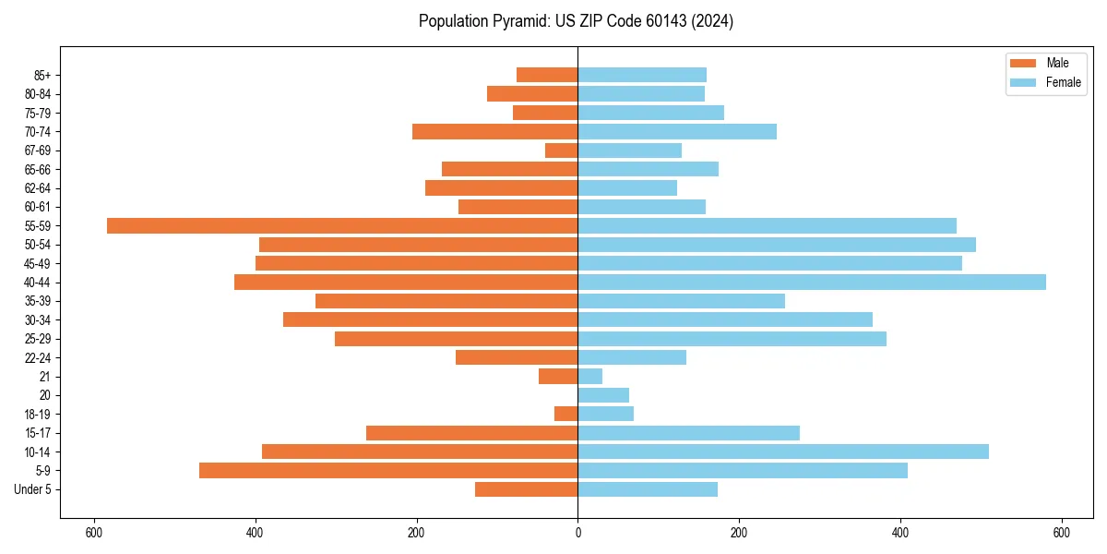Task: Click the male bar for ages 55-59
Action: (x=342, y=225)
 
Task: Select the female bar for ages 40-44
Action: (x=812, y=283)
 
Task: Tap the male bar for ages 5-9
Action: (x=388, y=471)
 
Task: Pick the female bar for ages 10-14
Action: (x=783, y=452)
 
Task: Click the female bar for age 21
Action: (x=590, y=377)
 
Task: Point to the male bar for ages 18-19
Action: (x=566, y=414)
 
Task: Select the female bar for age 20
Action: (x=603, y=395)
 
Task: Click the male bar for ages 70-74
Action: (x=495, y=132)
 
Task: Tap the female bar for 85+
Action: (x=642, y=75)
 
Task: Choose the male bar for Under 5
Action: (x=527, y=489)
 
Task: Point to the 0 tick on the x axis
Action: (x=577, y=533)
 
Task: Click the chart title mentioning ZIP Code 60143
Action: (x=576, y=21)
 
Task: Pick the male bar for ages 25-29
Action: (x=457, y=339)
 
